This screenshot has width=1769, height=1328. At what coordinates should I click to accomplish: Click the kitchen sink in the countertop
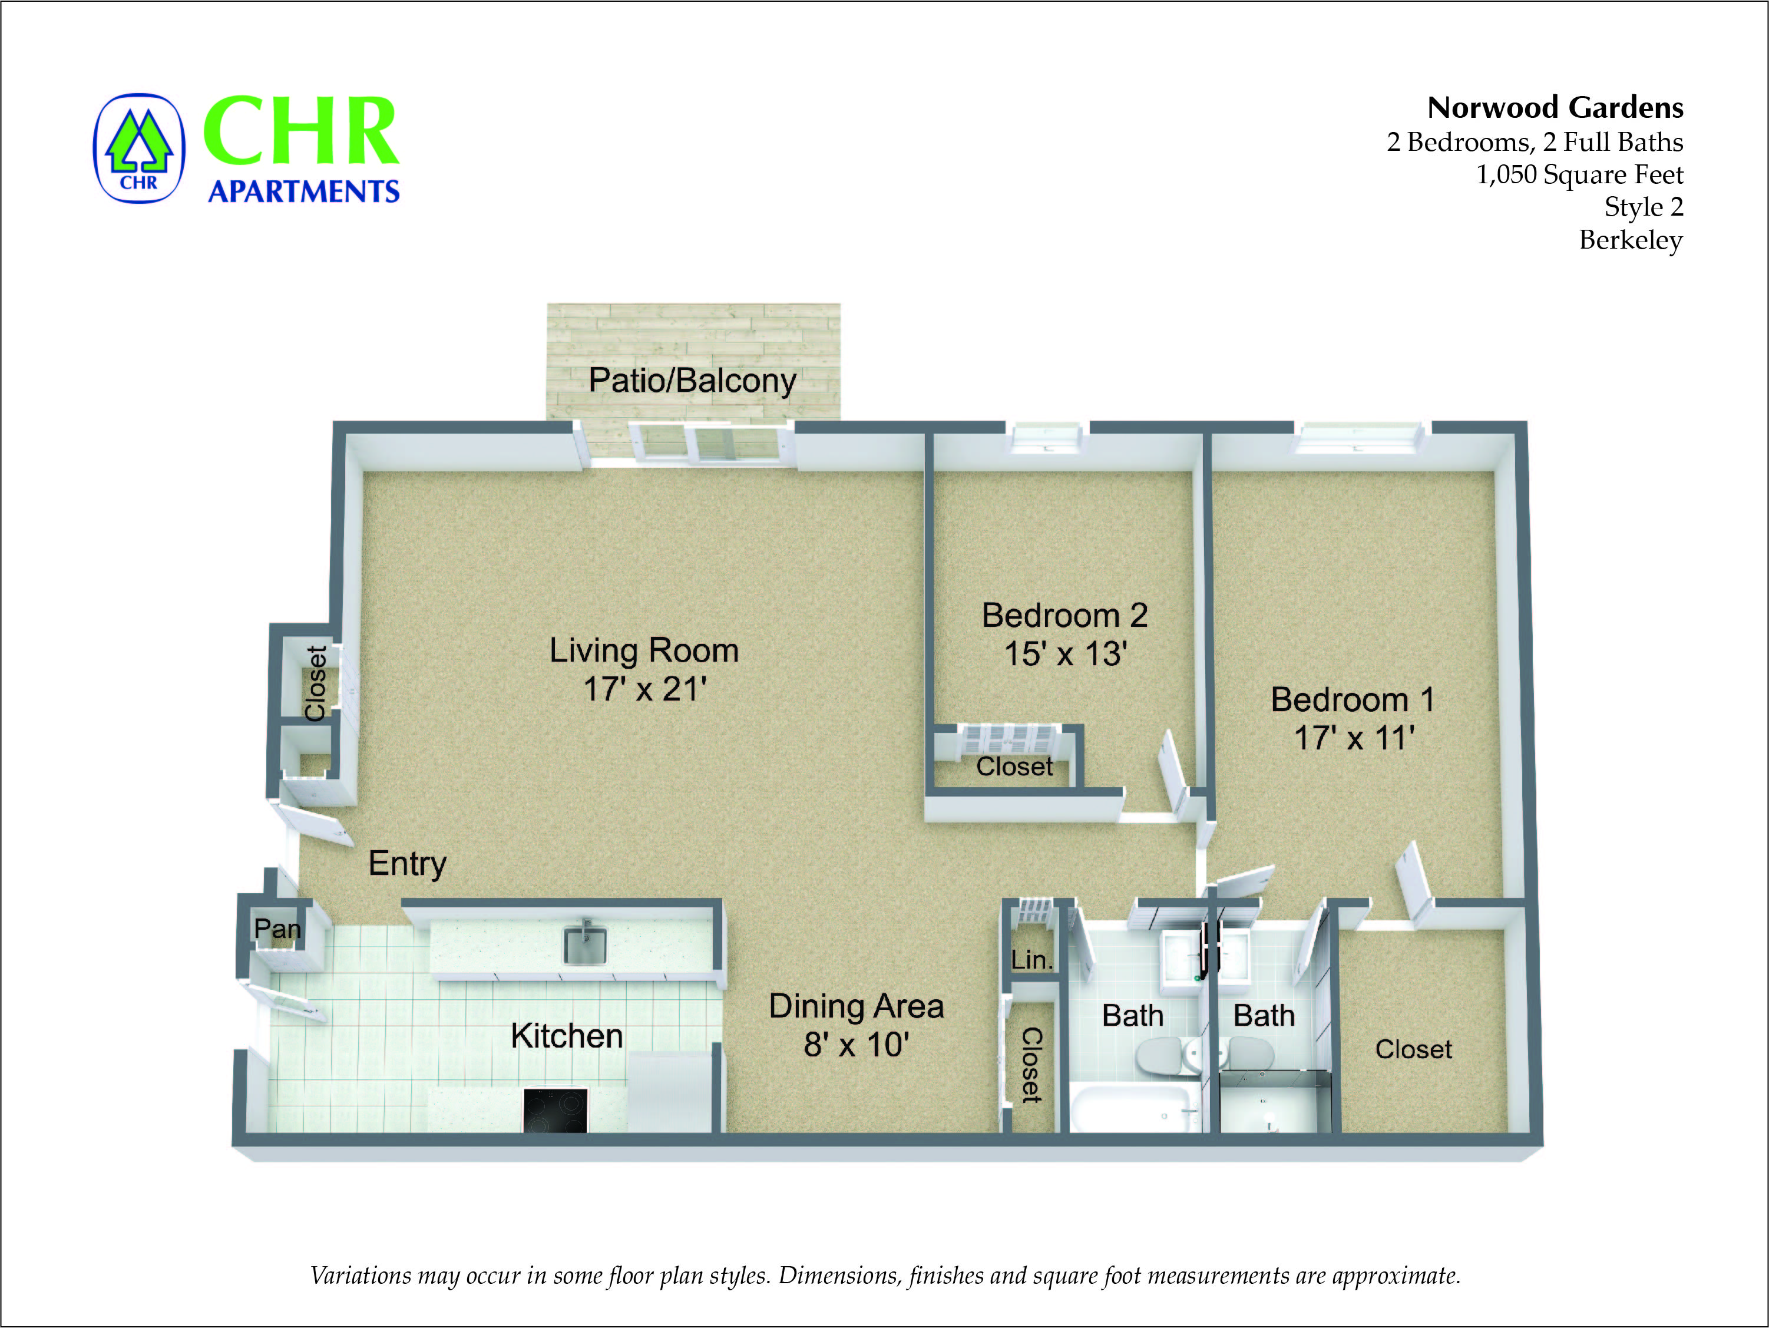click(584, 945)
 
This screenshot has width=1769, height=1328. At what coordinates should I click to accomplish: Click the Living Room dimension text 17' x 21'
click(644, 689)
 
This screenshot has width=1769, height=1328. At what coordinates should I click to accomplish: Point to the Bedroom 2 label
click(1064, 615)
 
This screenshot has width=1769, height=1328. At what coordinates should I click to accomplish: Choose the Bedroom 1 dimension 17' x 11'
click(1354, 738)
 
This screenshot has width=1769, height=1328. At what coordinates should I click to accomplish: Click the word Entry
click(407, 864)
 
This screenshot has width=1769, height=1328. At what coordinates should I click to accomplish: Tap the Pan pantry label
click(277, 929)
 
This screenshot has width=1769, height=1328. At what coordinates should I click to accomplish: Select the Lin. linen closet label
click(1031, 959)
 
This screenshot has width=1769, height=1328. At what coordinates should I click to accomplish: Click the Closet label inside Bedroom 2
click(1014, 767)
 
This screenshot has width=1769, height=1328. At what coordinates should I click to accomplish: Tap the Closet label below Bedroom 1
click(1413, 1049)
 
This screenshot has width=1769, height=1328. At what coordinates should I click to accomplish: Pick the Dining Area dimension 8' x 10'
click(857, 1045)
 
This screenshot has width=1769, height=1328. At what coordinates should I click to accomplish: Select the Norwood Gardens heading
click(1555, 107)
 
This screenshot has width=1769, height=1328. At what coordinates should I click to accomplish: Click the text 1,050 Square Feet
click(1579, 174)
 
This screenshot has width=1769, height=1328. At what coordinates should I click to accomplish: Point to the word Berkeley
click(1630, 240)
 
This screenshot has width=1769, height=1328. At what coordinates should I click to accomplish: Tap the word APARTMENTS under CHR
click(304, 191)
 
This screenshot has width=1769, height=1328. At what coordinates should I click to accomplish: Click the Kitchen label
click(566, 1036)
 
